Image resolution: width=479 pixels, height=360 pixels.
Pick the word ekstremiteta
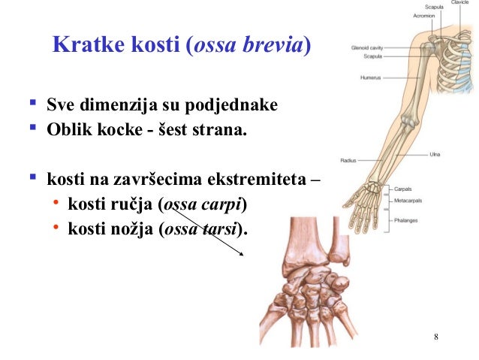tap(258, 180)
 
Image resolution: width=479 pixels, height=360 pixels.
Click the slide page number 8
tap(436, 335)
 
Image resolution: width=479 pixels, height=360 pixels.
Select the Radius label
tap(348, 160)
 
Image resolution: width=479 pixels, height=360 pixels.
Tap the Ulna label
tap(435, 155)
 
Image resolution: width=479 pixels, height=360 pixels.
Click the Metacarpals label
tap(408, 201)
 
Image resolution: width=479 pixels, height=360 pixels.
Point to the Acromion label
tap(423, 15)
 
